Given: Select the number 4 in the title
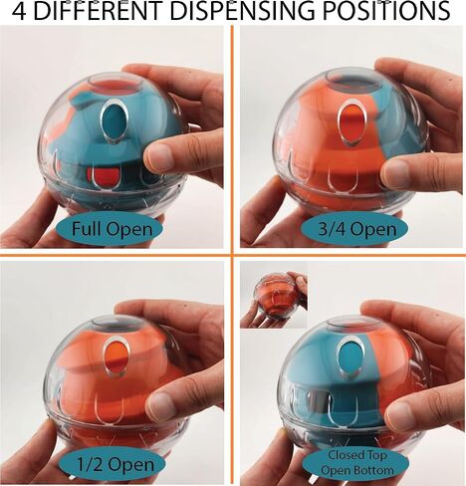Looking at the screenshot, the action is (x=20, y=11).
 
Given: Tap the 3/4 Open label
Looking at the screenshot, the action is (x=355, y=229).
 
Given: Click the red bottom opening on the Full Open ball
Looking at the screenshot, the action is (x=101, y=176).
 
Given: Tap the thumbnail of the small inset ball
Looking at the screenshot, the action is (x=274, y=295).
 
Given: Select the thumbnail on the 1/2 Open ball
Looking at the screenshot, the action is (x=161, y=405).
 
